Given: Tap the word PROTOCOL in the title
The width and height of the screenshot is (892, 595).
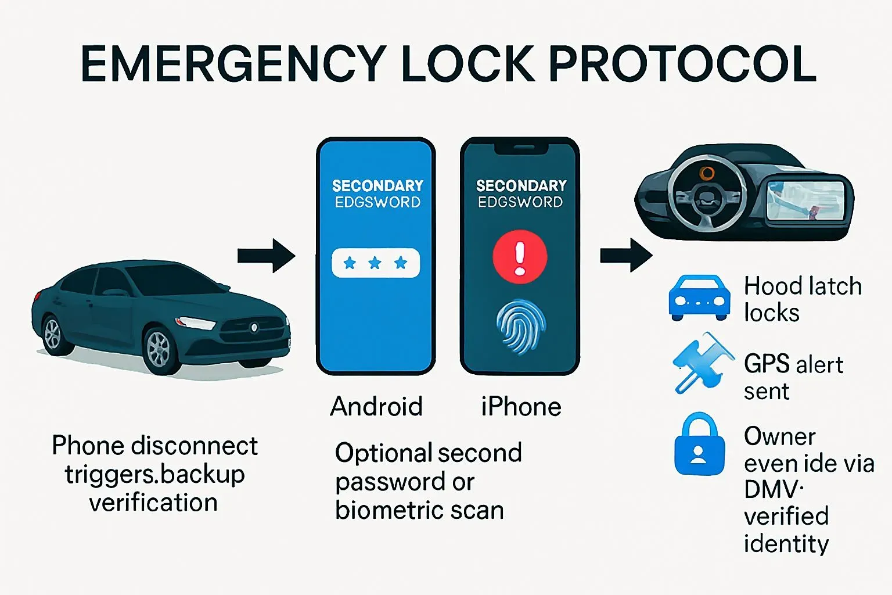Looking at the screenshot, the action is point(682,64).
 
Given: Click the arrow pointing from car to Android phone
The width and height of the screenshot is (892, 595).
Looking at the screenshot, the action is point(267,256).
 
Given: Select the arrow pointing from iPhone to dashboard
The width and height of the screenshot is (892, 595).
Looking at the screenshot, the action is point(626,256).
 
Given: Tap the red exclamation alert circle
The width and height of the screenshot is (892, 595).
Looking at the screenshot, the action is point(520,257).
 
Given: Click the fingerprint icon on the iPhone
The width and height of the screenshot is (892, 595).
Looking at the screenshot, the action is point(520,327).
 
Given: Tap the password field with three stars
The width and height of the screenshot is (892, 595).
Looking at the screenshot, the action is point(376,263).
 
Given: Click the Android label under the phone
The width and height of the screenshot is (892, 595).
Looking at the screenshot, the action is point(376,406).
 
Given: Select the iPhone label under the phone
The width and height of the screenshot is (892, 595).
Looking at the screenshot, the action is point(521,406).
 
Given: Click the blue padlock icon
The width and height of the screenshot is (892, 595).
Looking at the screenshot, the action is point(699,445).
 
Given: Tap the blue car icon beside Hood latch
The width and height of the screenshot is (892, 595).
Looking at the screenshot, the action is point(700,297).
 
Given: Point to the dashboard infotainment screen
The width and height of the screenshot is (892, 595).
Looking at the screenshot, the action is point(805,200).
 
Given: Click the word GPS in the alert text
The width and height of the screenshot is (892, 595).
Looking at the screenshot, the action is point(767,364).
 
